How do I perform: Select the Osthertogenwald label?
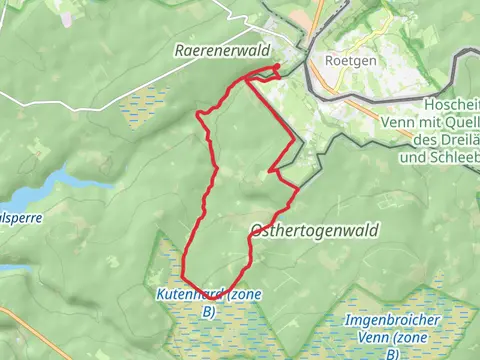pos(313,230)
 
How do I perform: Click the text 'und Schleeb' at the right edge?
pos(439,159)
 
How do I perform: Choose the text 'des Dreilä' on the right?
pos(444,144)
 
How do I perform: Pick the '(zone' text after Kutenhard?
pos(244,295)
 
